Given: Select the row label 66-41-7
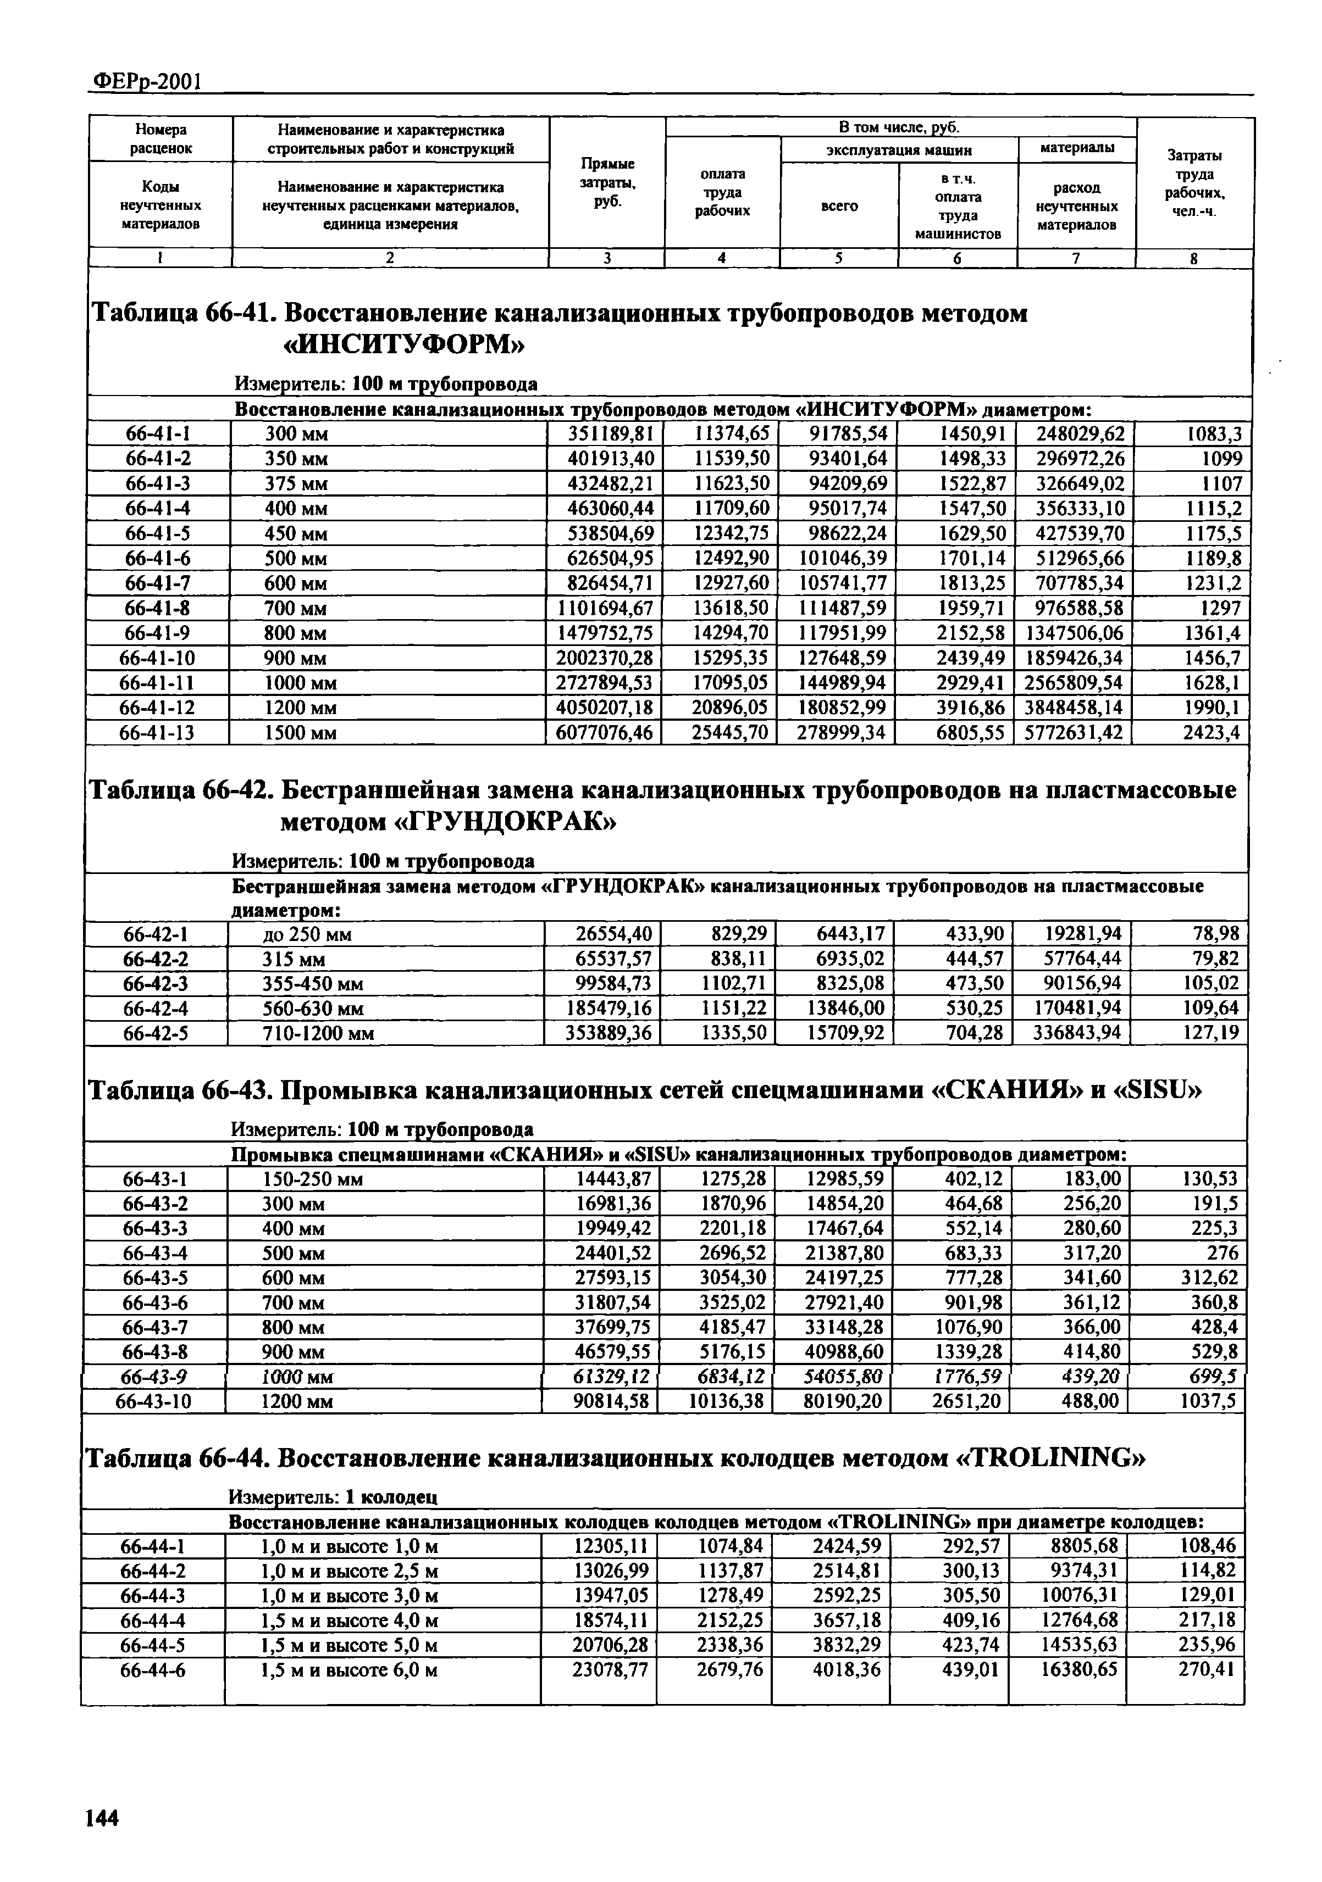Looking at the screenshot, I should pos(157,583).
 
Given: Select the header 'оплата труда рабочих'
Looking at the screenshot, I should pos(722,193).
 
